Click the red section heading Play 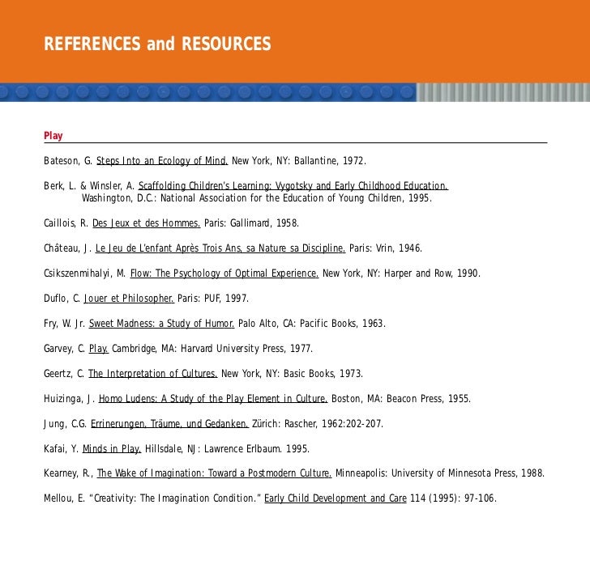pyautogui.click(x=53, y=135)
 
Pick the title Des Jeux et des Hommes pyautogui.click(x=147, y=223)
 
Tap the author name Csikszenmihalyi pyautogui.click(x=81, y=273)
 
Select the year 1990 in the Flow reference pyautogui.click(x=466, y=273)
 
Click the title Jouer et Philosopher pyautogui.click(x=129, y=298)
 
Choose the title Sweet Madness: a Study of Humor pyautogui.click(x=161, y=323)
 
